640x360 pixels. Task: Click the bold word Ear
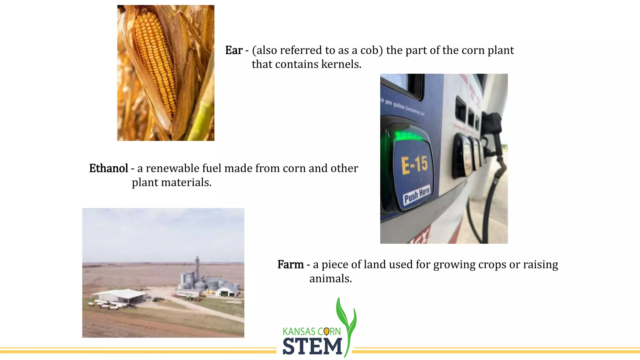coord(234,50)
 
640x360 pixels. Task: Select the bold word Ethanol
coord(108,168)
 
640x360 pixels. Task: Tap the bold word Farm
coord(290,265)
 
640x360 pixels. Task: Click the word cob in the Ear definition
coord(371,50)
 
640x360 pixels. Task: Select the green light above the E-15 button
coord(406,136)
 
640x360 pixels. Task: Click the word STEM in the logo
coord(312,347)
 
